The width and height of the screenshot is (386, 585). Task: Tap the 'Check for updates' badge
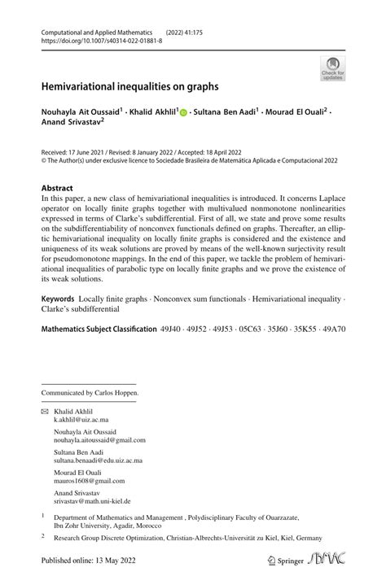[333, 68]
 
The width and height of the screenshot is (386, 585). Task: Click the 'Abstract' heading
[57, 187]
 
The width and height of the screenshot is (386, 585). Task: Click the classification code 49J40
[172, 330]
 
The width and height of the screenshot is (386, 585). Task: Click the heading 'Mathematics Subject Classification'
[99, 330]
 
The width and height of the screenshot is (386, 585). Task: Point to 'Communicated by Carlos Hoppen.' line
[90, 393]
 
